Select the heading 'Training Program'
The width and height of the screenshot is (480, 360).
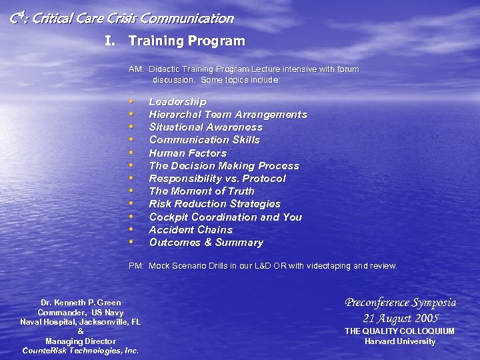187,41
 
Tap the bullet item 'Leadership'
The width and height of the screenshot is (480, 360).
177,101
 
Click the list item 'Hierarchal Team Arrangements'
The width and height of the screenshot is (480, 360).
228,115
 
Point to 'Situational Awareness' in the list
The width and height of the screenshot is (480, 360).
205,127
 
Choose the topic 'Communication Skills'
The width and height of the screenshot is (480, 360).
204,140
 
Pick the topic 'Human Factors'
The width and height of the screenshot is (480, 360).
187,153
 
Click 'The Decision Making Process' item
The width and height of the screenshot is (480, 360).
224,166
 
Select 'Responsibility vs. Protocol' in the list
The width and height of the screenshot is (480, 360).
217,179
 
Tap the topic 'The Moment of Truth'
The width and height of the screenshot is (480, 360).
201,191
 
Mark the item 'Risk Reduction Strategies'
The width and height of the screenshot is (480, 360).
215,204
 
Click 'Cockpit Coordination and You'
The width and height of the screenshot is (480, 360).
225,217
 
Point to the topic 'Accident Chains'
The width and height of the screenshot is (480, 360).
191,230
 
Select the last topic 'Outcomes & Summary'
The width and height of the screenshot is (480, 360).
206,243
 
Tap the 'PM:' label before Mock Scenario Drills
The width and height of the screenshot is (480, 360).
136,266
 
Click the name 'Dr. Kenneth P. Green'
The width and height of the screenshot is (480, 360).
81,303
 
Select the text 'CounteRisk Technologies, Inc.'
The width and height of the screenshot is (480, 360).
81,351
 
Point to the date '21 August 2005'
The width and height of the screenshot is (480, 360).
400,318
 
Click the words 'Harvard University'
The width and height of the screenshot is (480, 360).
400,341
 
